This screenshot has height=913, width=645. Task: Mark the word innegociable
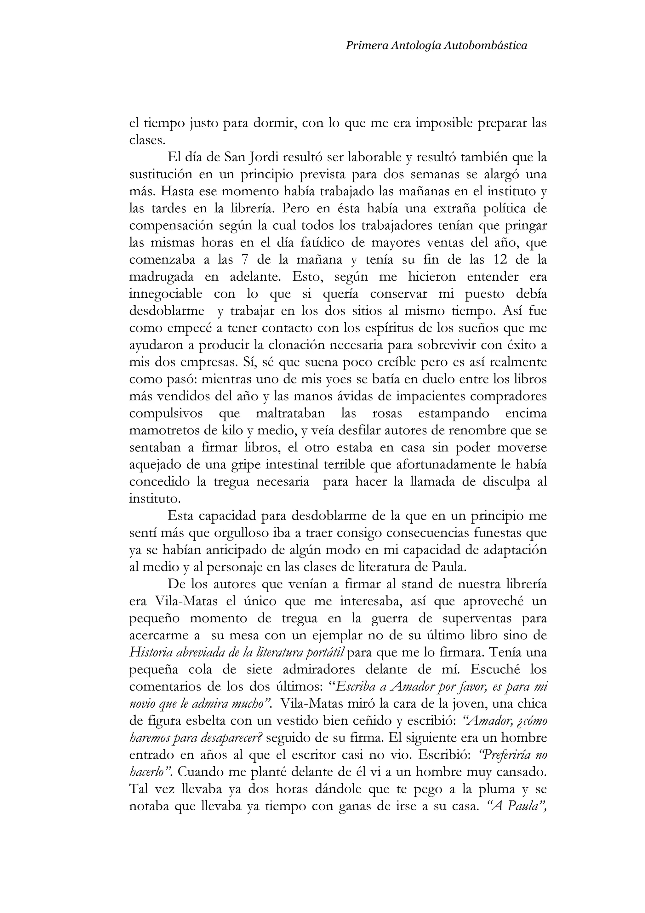(x=166, y=294)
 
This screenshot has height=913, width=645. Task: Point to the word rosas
(x=387, y=414)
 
